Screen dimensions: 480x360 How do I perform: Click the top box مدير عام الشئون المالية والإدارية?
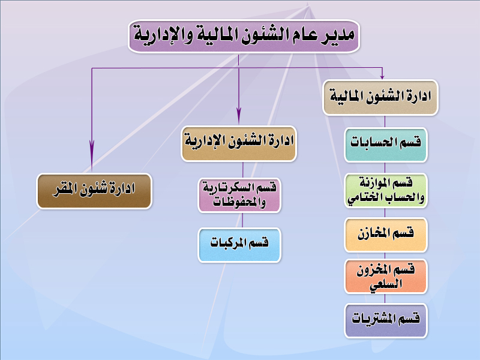(244, 37)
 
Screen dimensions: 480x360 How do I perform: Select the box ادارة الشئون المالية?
(380, 98)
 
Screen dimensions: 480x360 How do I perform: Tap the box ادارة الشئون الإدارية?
(239, 143)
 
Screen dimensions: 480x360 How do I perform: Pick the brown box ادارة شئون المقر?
(94, 191)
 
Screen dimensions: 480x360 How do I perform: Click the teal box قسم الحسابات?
(386, 145)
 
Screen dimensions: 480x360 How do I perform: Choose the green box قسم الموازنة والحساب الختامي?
(386, 191)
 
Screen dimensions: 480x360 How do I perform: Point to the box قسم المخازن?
(386, 235)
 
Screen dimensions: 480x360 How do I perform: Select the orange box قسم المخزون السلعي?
(386, 277)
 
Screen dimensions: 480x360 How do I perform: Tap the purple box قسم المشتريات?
(386, 320)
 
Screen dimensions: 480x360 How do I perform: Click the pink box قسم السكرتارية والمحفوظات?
(239, 196)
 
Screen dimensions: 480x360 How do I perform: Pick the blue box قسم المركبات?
(239, 245)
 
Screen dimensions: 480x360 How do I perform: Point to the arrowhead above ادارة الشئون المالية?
(382, 77)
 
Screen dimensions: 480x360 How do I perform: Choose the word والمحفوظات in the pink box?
(239, 202)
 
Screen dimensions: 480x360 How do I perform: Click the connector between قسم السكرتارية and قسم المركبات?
(242, 220)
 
